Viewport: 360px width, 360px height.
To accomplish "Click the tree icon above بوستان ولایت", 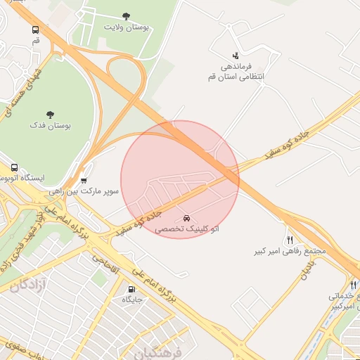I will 126,15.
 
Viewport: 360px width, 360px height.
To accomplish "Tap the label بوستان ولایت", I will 127,27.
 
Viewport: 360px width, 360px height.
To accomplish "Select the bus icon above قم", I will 36,30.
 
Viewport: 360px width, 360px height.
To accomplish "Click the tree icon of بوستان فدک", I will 50,114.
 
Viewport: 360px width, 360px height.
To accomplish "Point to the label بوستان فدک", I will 50,124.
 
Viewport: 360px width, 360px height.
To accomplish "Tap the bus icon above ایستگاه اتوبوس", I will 14,167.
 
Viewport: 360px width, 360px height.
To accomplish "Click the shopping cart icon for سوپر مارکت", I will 84,179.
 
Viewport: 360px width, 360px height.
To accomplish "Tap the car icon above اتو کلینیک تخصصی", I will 186,218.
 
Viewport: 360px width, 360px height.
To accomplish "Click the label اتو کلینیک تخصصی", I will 186,229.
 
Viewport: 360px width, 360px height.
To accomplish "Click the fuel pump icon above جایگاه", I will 131,289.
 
